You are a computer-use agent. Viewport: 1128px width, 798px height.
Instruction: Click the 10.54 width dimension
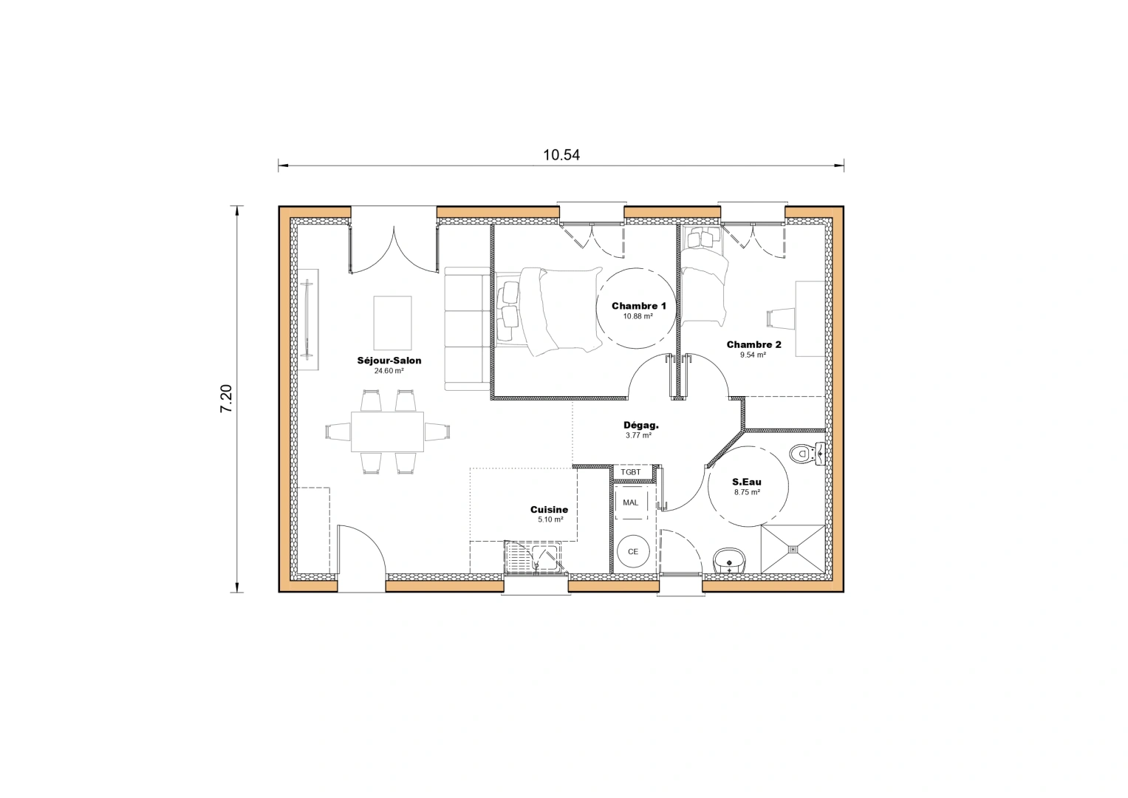click(x=561, y=155)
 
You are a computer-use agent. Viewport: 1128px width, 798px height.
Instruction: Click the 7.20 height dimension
click(x=226, y=398)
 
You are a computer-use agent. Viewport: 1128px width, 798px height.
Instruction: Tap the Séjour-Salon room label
click(x=389, y=361)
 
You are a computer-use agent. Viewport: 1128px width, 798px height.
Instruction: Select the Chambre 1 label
click(x=639, y=306)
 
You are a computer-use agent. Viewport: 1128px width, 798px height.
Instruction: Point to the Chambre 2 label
click(x=753, y=344)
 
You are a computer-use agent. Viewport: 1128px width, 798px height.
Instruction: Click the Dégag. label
click(x=640, y=425)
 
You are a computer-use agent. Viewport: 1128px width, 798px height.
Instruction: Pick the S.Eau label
click(x=747, y=482)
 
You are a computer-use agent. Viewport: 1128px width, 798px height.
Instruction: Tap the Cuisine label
click(x=549, y=509)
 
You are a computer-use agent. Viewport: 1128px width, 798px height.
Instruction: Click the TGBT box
click(x=631, y=472)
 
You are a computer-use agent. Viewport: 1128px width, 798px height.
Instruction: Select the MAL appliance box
click(x=631, y=502)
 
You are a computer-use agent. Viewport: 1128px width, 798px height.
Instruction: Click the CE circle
click(x=633, y=551)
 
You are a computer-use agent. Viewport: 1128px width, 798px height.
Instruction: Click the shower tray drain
click(x=793, y=549)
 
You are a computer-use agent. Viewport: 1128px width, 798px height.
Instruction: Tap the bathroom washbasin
click(x=730, y=561)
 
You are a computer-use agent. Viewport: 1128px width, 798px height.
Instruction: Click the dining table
click(x=387, y=432)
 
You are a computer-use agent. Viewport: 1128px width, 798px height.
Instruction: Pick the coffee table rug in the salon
click(x=392, y=322)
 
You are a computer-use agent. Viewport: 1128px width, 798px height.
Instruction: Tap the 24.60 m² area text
click(x=389, y=371)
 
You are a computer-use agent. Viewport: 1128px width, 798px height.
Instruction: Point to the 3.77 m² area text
click(x=638, y=436)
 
